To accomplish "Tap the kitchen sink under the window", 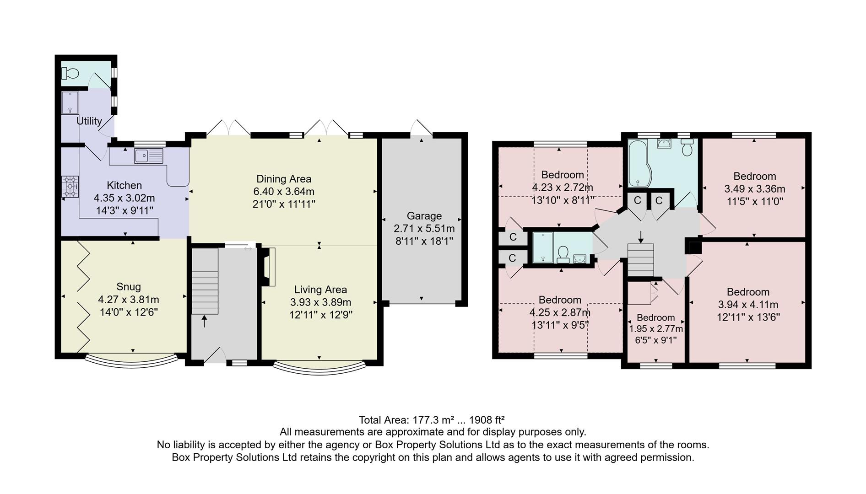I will [148, 156].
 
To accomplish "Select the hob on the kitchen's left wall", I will [70, 187].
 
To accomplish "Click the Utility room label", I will [89, 121].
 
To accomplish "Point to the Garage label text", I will [424, 216].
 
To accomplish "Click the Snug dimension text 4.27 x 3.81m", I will [128, 300].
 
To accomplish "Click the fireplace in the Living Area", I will [269, 267].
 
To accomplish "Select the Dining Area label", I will [283, 179].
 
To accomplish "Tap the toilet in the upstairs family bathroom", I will [687, 147].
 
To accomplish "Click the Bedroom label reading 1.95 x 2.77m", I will [655, 317].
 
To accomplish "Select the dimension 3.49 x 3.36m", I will [754, 189].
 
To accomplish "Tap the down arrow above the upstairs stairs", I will [640, 236].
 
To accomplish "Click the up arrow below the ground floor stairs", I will [204, 322].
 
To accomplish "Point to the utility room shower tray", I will [70, 103].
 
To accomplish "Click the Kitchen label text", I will [124, 185].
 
